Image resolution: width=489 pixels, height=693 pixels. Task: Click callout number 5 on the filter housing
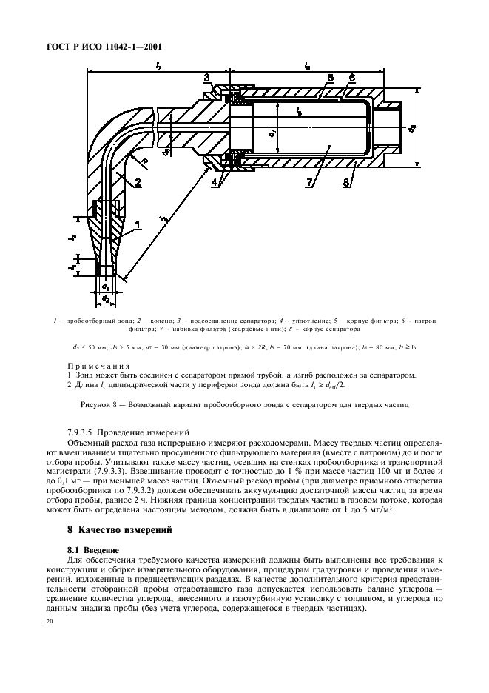pos(330,78)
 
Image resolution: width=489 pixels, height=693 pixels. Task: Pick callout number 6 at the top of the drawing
pos(352,78)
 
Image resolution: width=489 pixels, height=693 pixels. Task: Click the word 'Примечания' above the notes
pos(99,366)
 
